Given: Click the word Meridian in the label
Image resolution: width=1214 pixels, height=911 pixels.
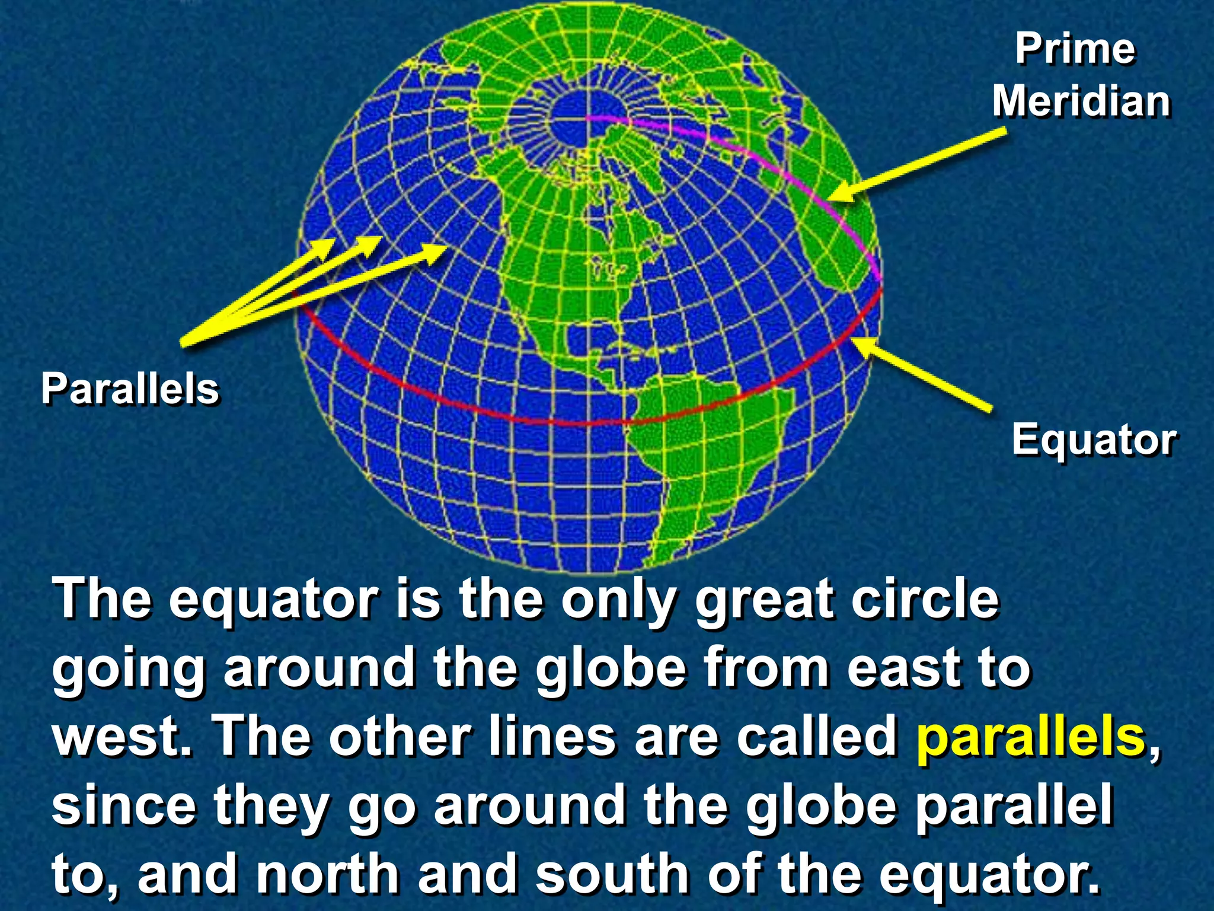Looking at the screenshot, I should (1081, 101).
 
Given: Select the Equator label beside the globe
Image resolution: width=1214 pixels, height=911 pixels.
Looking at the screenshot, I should (1094, 440).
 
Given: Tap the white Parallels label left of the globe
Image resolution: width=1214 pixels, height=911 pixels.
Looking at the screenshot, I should (130, 390).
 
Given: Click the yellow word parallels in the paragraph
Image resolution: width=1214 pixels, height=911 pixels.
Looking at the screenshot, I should (1030, 737).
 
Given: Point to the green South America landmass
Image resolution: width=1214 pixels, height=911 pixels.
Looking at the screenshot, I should (705, 451).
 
